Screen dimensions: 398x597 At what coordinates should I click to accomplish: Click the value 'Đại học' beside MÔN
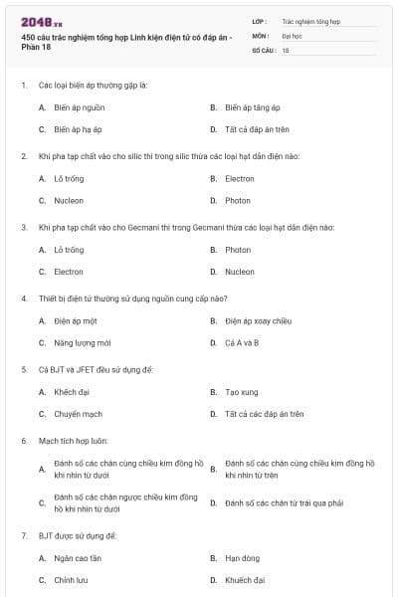pos(292,35)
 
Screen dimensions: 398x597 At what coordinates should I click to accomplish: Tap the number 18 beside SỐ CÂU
pos(286,50)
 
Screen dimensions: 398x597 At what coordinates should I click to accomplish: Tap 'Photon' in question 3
pos(238,250)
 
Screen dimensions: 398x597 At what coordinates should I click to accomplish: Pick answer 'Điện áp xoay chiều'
pos(258,321)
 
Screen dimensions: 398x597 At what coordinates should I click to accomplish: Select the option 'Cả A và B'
pos(242,343)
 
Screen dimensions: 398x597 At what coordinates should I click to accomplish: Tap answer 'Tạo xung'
pos(242,392)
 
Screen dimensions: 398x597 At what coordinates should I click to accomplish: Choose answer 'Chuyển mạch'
pos(78,414)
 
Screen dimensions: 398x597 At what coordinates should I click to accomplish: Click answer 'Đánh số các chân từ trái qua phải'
pos(284,503)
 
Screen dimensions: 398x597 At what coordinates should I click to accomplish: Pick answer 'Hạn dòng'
pos(242,558)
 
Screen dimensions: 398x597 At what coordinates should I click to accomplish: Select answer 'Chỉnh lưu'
pos(72,580)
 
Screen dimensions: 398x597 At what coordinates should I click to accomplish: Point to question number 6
pos(24,440)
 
